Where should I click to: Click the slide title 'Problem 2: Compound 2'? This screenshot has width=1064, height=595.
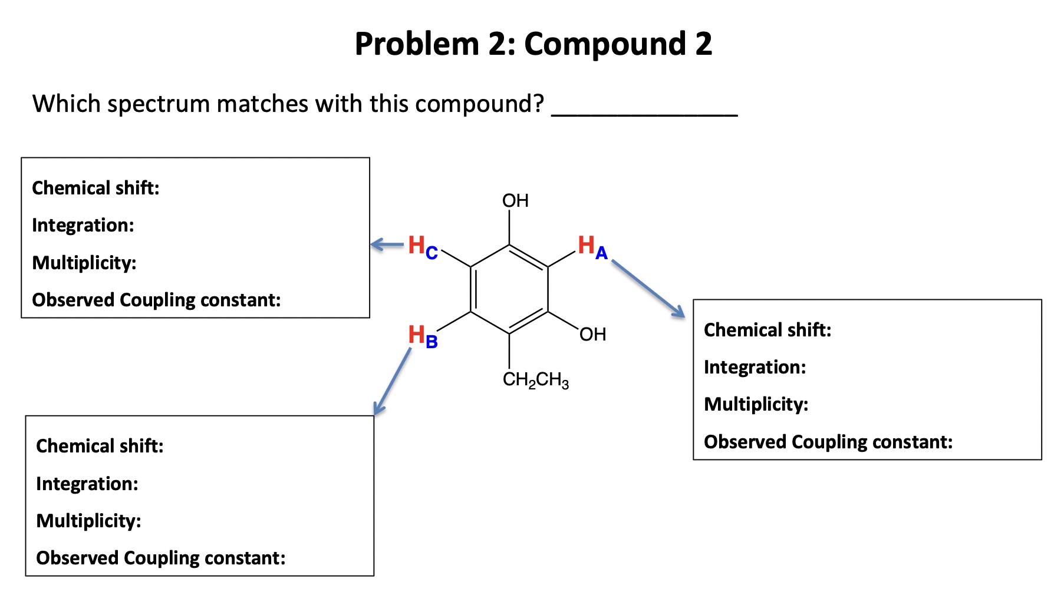coord(533,44)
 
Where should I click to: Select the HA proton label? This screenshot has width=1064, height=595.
coord(592,247)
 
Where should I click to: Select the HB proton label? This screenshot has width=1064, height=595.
coord(423,336)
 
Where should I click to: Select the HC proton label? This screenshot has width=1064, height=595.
coord(423,247)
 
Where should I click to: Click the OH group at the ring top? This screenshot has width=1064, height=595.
coord(515,201)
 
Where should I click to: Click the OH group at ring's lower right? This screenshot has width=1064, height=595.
coord(592,335)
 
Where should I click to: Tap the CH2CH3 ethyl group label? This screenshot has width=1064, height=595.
coord(535,380)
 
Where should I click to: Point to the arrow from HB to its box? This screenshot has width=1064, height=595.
coord(393,381)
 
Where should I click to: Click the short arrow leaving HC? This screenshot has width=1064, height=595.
coord(387,244)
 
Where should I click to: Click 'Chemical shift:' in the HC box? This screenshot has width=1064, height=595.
coord(95,188)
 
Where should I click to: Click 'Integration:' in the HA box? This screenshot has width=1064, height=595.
coord(755,367)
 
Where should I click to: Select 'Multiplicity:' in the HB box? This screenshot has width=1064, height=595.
coord(88,521)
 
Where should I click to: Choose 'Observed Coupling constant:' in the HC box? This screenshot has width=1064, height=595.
coord(156,300)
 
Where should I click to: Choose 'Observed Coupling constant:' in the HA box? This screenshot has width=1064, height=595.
coord(828,442)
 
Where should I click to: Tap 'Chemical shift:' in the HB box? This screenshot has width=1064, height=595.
coord(100,446)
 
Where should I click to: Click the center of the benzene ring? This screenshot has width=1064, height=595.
coord(509,289)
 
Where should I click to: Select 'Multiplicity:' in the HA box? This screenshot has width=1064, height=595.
coord(756,404)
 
